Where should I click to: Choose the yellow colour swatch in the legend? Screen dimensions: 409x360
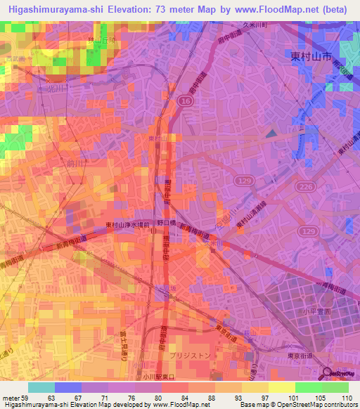point(281,387)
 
